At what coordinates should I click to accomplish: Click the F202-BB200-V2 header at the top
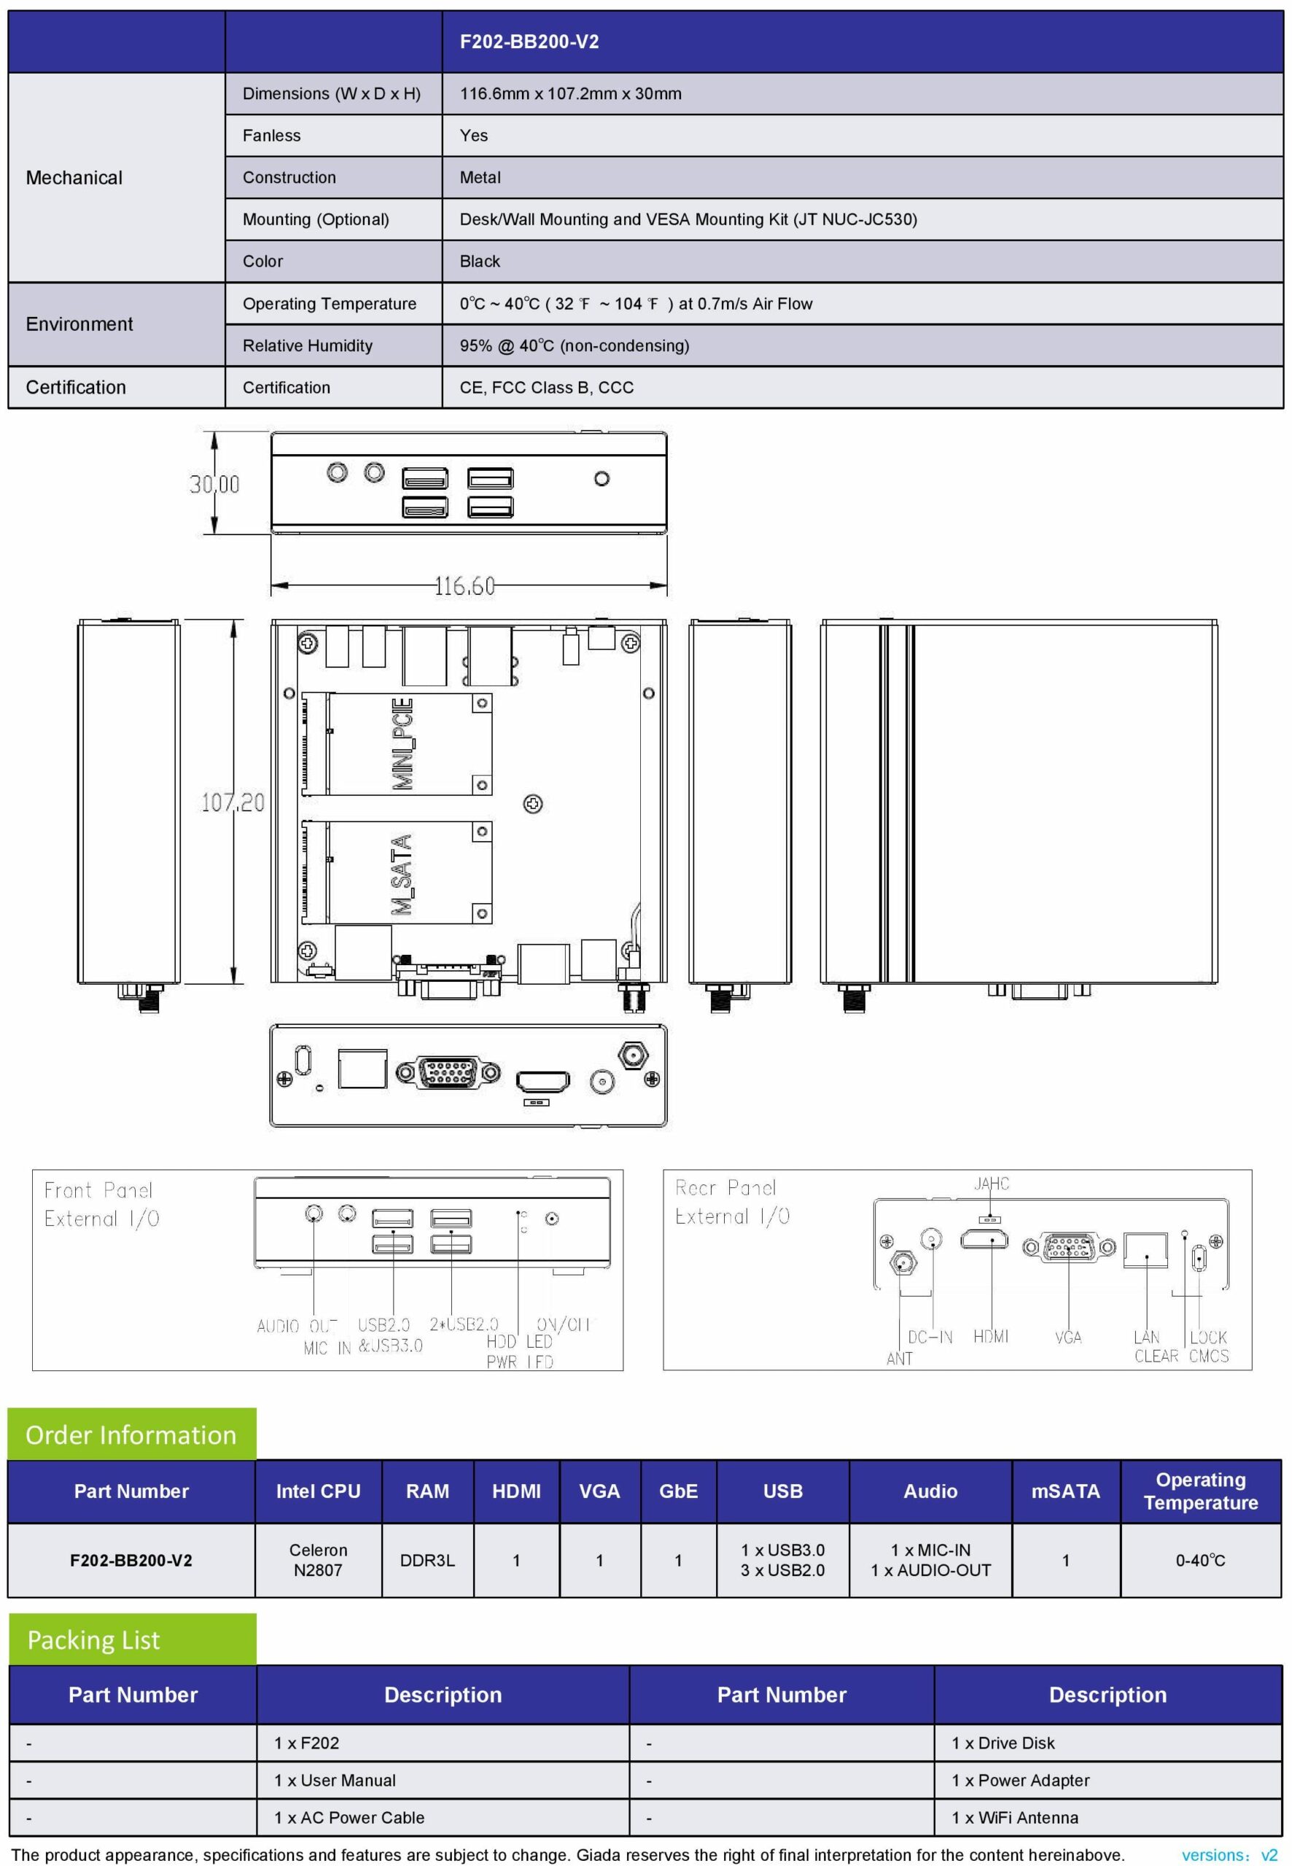pos(529,42)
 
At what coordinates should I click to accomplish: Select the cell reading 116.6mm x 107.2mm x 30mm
pos(570,94)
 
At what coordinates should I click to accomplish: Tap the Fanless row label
pos(271,136)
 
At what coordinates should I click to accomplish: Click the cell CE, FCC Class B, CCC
pos(546,388)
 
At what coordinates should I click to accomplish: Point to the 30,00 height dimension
pos(214,484)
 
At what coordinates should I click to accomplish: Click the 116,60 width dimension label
pos(464,585)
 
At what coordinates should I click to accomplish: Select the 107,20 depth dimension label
pos(233,802)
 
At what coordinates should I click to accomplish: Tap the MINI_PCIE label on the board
pos(403,743)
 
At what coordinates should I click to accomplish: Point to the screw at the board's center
pos(533,803)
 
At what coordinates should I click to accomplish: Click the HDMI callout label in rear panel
pos(991,1336)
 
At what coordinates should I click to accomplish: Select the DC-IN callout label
pos(930,1337)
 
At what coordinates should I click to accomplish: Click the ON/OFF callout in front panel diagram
pos(563,1324)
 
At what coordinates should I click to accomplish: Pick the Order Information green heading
pos(131,1434)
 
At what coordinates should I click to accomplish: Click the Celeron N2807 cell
pos(318,1559)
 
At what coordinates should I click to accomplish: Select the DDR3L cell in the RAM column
pos(427,1560)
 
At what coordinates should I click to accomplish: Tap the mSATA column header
pos(1065,1491)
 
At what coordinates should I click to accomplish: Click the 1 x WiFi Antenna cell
pos(1014,1817)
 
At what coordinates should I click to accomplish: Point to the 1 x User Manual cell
pos(335,1780)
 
